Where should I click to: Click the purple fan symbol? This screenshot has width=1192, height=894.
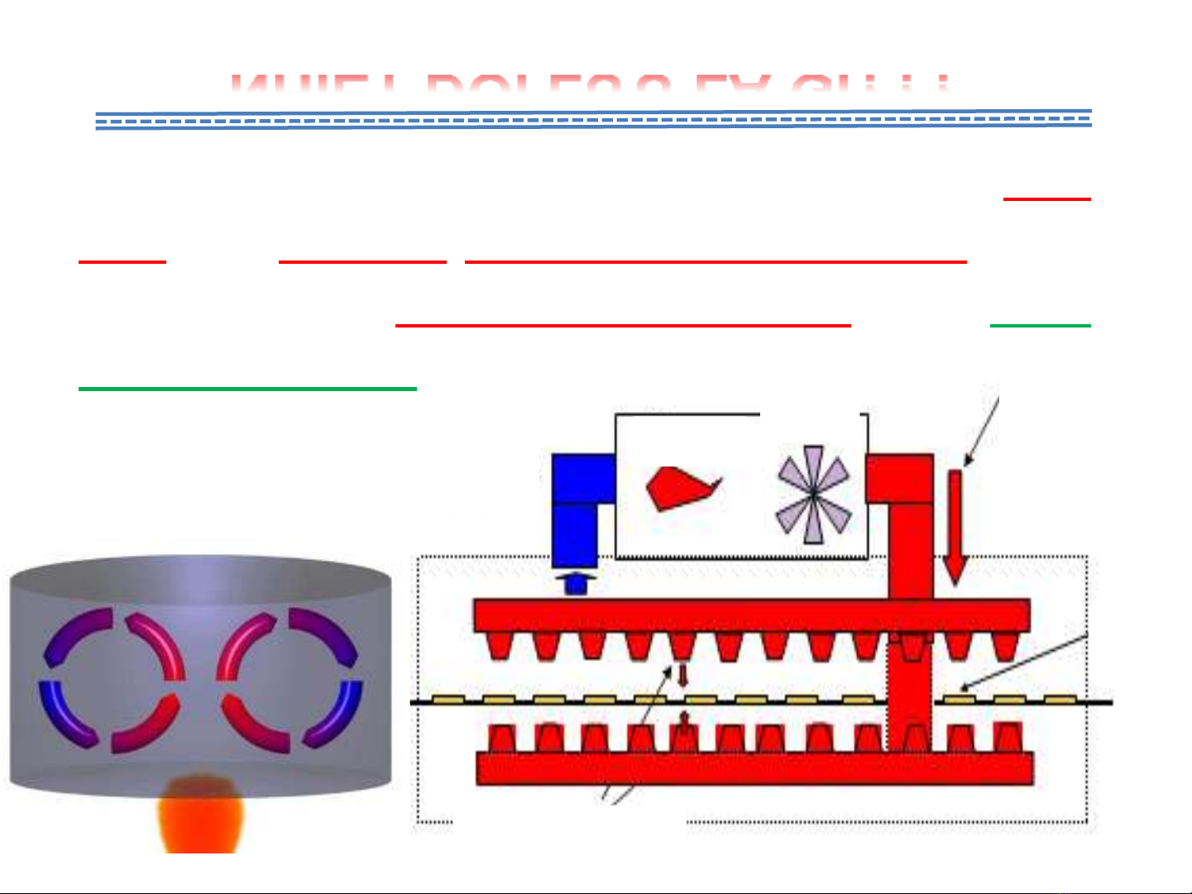[x=813, y=495]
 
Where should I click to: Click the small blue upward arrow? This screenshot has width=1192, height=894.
[x=576, y=582]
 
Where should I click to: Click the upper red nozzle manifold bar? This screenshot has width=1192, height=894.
[x=750, y=615]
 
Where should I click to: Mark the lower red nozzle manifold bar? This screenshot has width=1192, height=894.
[x=754, y=768]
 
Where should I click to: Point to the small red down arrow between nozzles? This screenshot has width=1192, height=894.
[x=682, y=675]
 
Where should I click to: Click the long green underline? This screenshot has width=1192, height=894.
[x=247, y=388]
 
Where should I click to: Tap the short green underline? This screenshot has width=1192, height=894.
[x=1040, y=326]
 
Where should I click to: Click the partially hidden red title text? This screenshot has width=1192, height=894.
[x=589, y=84]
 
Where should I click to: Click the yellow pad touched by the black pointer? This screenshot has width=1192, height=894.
[x=958, y=699]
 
